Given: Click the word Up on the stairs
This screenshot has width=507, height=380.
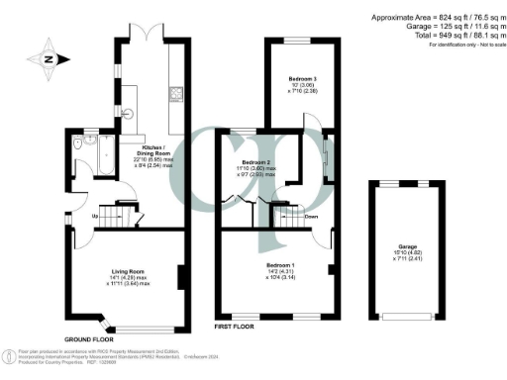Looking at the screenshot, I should tap(95, 217).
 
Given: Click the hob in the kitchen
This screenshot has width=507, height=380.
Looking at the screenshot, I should tap(173, 96).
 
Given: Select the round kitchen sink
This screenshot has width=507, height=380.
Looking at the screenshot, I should tap(125, 112).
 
